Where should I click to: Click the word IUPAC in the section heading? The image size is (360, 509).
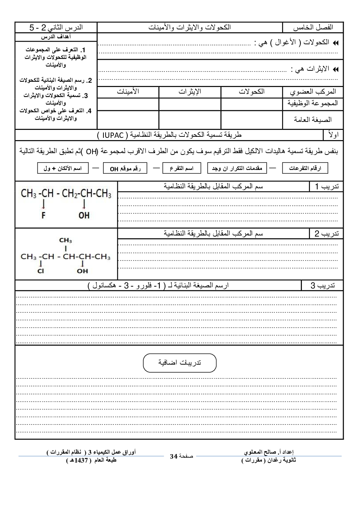tap(113, 135)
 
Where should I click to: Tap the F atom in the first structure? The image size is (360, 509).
tap(44, 215)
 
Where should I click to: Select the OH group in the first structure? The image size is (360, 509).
tap(84, 215)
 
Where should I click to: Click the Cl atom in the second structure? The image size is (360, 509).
tap(41, 271)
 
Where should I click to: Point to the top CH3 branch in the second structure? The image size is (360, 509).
tap(65, 240)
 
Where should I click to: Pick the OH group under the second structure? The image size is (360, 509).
tap(82, 271)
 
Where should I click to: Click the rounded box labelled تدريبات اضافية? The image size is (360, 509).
tap(180, 363)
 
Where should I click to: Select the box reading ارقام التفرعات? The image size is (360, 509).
tap(305, 168)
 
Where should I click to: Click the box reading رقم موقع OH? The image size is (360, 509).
tap(125, 168)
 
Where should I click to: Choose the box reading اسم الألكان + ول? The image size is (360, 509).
tap(63, 168)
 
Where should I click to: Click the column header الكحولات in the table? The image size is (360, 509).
tap(251, 92)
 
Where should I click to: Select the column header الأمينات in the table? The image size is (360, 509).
tap(128, 92)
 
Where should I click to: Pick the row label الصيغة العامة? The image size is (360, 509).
tap(313, 120)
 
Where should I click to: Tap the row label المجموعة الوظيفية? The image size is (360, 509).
tap(313, 103)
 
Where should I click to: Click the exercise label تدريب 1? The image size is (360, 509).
tap(327, 186)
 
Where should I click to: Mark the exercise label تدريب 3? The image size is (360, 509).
tap(323, 286)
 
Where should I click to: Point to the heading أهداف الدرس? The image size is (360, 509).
tap(56, 37)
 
